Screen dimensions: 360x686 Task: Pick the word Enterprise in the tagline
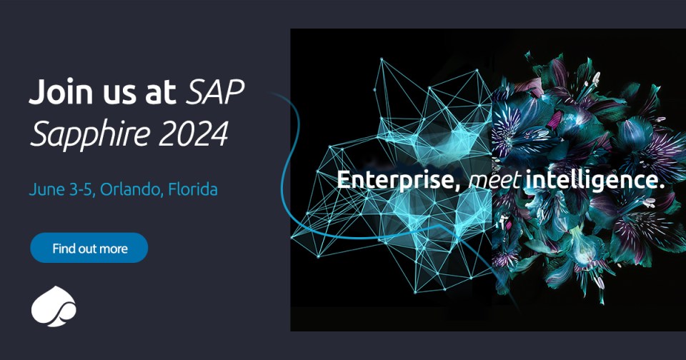(x=395, y=181)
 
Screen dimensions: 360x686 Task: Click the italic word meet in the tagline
(x=492, y=181)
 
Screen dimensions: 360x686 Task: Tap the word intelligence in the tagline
(x=590, y=181)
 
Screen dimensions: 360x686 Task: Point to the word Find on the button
(x=64, y=249)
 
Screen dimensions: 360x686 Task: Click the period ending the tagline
(x=662, y=187)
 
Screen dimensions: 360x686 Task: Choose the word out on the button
(x=88, y=249)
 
